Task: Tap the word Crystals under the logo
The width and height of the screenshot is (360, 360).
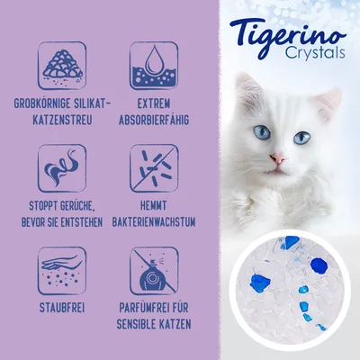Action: point(315,53)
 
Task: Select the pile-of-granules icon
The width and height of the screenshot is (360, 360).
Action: point(62,66)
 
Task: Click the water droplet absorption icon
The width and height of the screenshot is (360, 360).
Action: point(154,66)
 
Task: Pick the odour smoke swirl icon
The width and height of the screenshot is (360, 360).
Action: point(62,168)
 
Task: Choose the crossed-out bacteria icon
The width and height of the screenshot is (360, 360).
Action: point(154,168)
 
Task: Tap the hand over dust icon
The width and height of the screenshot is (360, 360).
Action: point(62,271)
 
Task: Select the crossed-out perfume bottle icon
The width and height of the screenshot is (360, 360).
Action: point(154,271)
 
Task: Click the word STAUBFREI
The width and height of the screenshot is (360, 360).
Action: point(62,308)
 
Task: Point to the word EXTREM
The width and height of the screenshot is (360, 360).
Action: point(154,103)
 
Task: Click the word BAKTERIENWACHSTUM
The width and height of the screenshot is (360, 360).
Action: point(154,222)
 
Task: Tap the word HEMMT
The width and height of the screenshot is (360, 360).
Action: point(154,206)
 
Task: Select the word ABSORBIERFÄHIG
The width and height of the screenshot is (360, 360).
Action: point(154,120)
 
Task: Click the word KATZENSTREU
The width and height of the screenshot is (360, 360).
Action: point(62,120)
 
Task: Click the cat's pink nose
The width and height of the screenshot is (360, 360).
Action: point(277,157)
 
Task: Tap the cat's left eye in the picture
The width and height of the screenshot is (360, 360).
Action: point(262,132)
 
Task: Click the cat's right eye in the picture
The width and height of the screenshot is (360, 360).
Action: point(301,138)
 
